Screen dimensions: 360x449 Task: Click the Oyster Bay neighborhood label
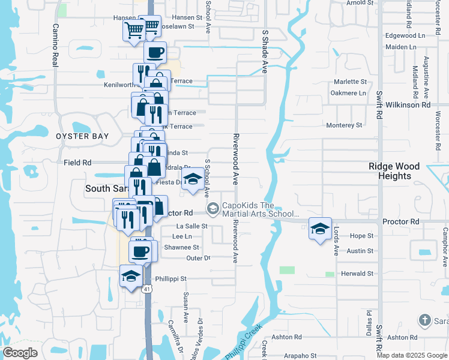click(82, 136)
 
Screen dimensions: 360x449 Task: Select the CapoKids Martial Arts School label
click(261, 209)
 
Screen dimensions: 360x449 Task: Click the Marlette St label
click(350, 81)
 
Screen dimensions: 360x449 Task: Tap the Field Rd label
click(77, 162)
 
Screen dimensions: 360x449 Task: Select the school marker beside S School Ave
click(193, 180)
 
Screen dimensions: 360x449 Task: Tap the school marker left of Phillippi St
click(131, 276)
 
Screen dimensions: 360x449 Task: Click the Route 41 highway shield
click(147, 289)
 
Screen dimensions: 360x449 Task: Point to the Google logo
click(20, 353)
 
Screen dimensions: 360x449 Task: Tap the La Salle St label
click(192, 226)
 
